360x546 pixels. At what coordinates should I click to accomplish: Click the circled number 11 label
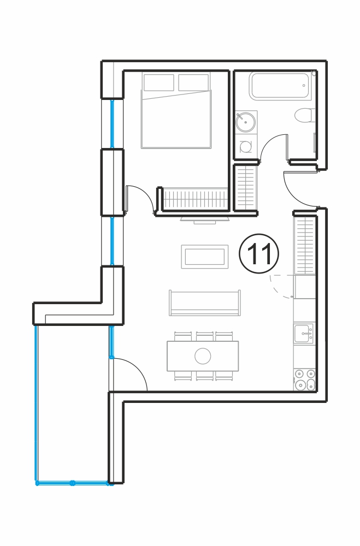pyautogui.click(x=259, y=253)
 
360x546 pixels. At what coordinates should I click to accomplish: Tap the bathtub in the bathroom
pyautogui.click(x=280, y=86)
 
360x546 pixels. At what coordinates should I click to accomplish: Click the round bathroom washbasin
pyautogui.click(x=245, y=122)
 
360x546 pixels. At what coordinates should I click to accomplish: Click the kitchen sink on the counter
pyautogui.click(x=304, y=333)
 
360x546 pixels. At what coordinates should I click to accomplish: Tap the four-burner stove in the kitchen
pyautogui.click(x=305, y=379)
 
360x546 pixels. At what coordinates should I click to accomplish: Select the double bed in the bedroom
pyautogui.click(x=176, y=110)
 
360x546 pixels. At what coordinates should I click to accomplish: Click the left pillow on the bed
pyautogui.click(x=159, y=82)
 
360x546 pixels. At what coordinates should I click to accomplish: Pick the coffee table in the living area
pyautogui.click(x=204, y=257)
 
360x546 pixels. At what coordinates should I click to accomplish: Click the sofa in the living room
pyautogui.click(x=204, y=302)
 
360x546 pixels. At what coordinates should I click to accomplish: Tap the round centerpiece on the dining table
pyautogui.click(x=203, y=356)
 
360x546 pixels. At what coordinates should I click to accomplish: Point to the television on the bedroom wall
pyautogui.click(x=204, y=219)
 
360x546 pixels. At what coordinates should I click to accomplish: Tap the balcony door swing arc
pyautogui.click(x=137, y=367)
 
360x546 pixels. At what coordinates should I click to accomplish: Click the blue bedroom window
pyautogui.click(x=112, y=124)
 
